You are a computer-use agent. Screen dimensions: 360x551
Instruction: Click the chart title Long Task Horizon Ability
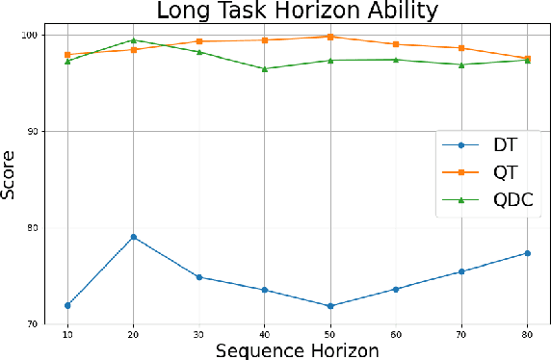click(298, 12)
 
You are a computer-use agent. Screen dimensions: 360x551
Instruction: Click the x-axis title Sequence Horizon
click(297, 349)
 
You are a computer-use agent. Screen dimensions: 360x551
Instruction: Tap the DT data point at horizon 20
click(133, 237)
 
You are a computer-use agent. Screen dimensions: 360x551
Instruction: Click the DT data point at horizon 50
click(330, 306)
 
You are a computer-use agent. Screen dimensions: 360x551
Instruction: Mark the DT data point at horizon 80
click(527, 253)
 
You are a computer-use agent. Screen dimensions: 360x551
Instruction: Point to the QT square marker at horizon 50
click(330, 37)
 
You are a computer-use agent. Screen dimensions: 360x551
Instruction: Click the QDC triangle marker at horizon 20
click(133, 40)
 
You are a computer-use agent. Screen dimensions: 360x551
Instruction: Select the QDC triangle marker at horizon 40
click(265, 68)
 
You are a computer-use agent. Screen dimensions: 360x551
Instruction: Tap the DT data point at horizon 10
click(67, 305)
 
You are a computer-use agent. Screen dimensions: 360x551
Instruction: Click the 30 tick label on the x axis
click(199, 333)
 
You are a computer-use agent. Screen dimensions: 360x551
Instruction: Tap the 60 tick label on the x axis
click(396, 333)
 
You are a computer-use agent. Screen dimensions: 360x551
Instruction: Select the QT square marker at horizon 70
click(461, 48)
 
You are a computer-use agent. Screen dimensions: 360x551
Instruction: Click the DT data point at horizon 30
click(199, 277)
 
